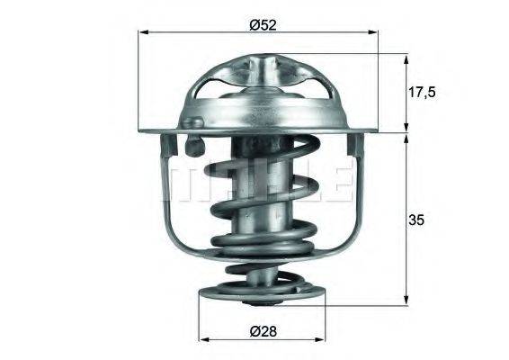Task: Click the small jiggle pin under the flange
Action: click(x=192, y=142)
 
